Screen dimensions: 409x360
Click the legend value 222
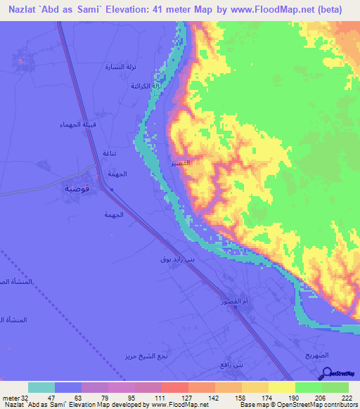click(x=347, y=398)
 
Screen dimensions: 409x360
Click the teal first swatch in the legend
click(x=41, y=387)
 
